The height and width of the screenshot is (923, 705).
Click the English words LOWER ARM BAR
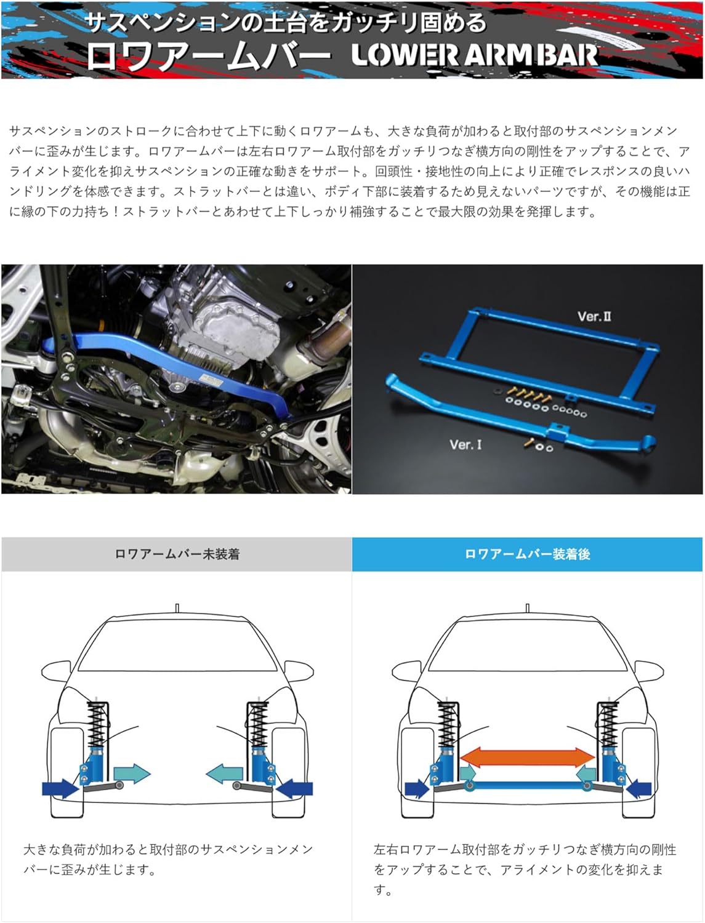474,55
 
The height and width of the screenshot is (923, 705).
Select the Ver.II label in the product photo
594,316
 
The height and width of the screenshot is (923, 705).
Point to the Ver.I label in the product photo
465,444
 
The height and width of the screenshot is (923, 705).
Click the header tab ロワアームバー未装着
177,554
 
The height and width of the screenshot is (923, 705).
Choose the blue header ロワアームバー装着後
527,554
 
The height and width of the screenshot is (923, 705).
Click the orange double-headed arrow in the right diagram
528,757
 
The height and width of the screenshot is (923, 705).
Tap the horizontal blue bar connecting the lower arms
528,785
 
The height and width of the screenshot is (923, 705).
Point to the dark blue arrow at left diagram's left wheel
60,788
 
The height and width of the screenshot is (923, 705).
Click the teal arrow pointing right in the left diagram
132,774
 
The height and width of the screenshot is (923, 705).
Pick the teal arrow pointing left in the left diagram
224,774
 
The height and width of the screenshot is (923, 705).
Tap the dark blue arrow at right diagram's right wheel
639,788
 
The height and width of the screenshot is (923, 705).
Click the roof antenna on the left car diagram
177,608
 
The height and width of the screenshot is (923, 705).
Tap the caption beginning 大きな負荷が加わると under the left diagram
168,859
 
